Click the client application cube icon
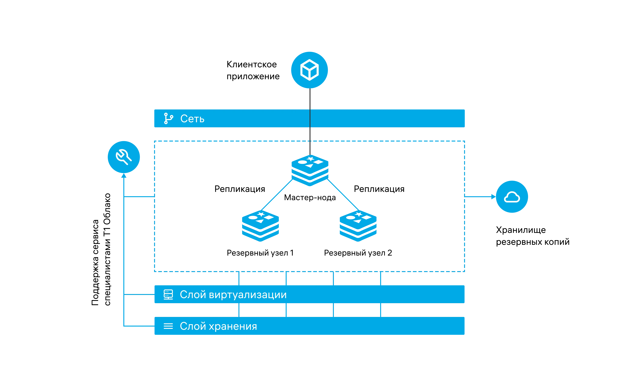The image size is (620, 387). click(x=310, y=70)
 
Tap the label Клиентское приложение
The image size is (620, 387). click(x=253, y=70)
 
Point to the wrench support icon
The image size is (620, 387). click(x=124, y=157)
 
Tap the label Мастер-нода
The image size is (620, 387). click(x=310, y=197)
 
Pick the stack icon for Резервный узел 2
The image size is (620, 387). click(x=358, y=226)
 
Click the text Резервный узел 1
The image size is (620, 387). click(x=260, y=253)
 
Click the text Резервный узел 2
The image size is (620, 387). click(x=358, y=253)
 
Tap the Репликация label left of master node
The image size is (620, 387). click(x=240, y=189)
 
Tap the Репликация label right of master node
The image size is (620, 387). click(x=379, y=189)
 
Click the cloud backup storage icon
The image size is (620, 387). click(x=512, y=197)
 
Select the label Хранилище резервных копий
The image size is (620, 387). click(x=533, y=236)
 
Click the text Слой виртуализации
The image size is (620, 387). click(x=233, y=295)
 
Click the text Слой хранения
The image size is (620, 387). click(x=218, y=326)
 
